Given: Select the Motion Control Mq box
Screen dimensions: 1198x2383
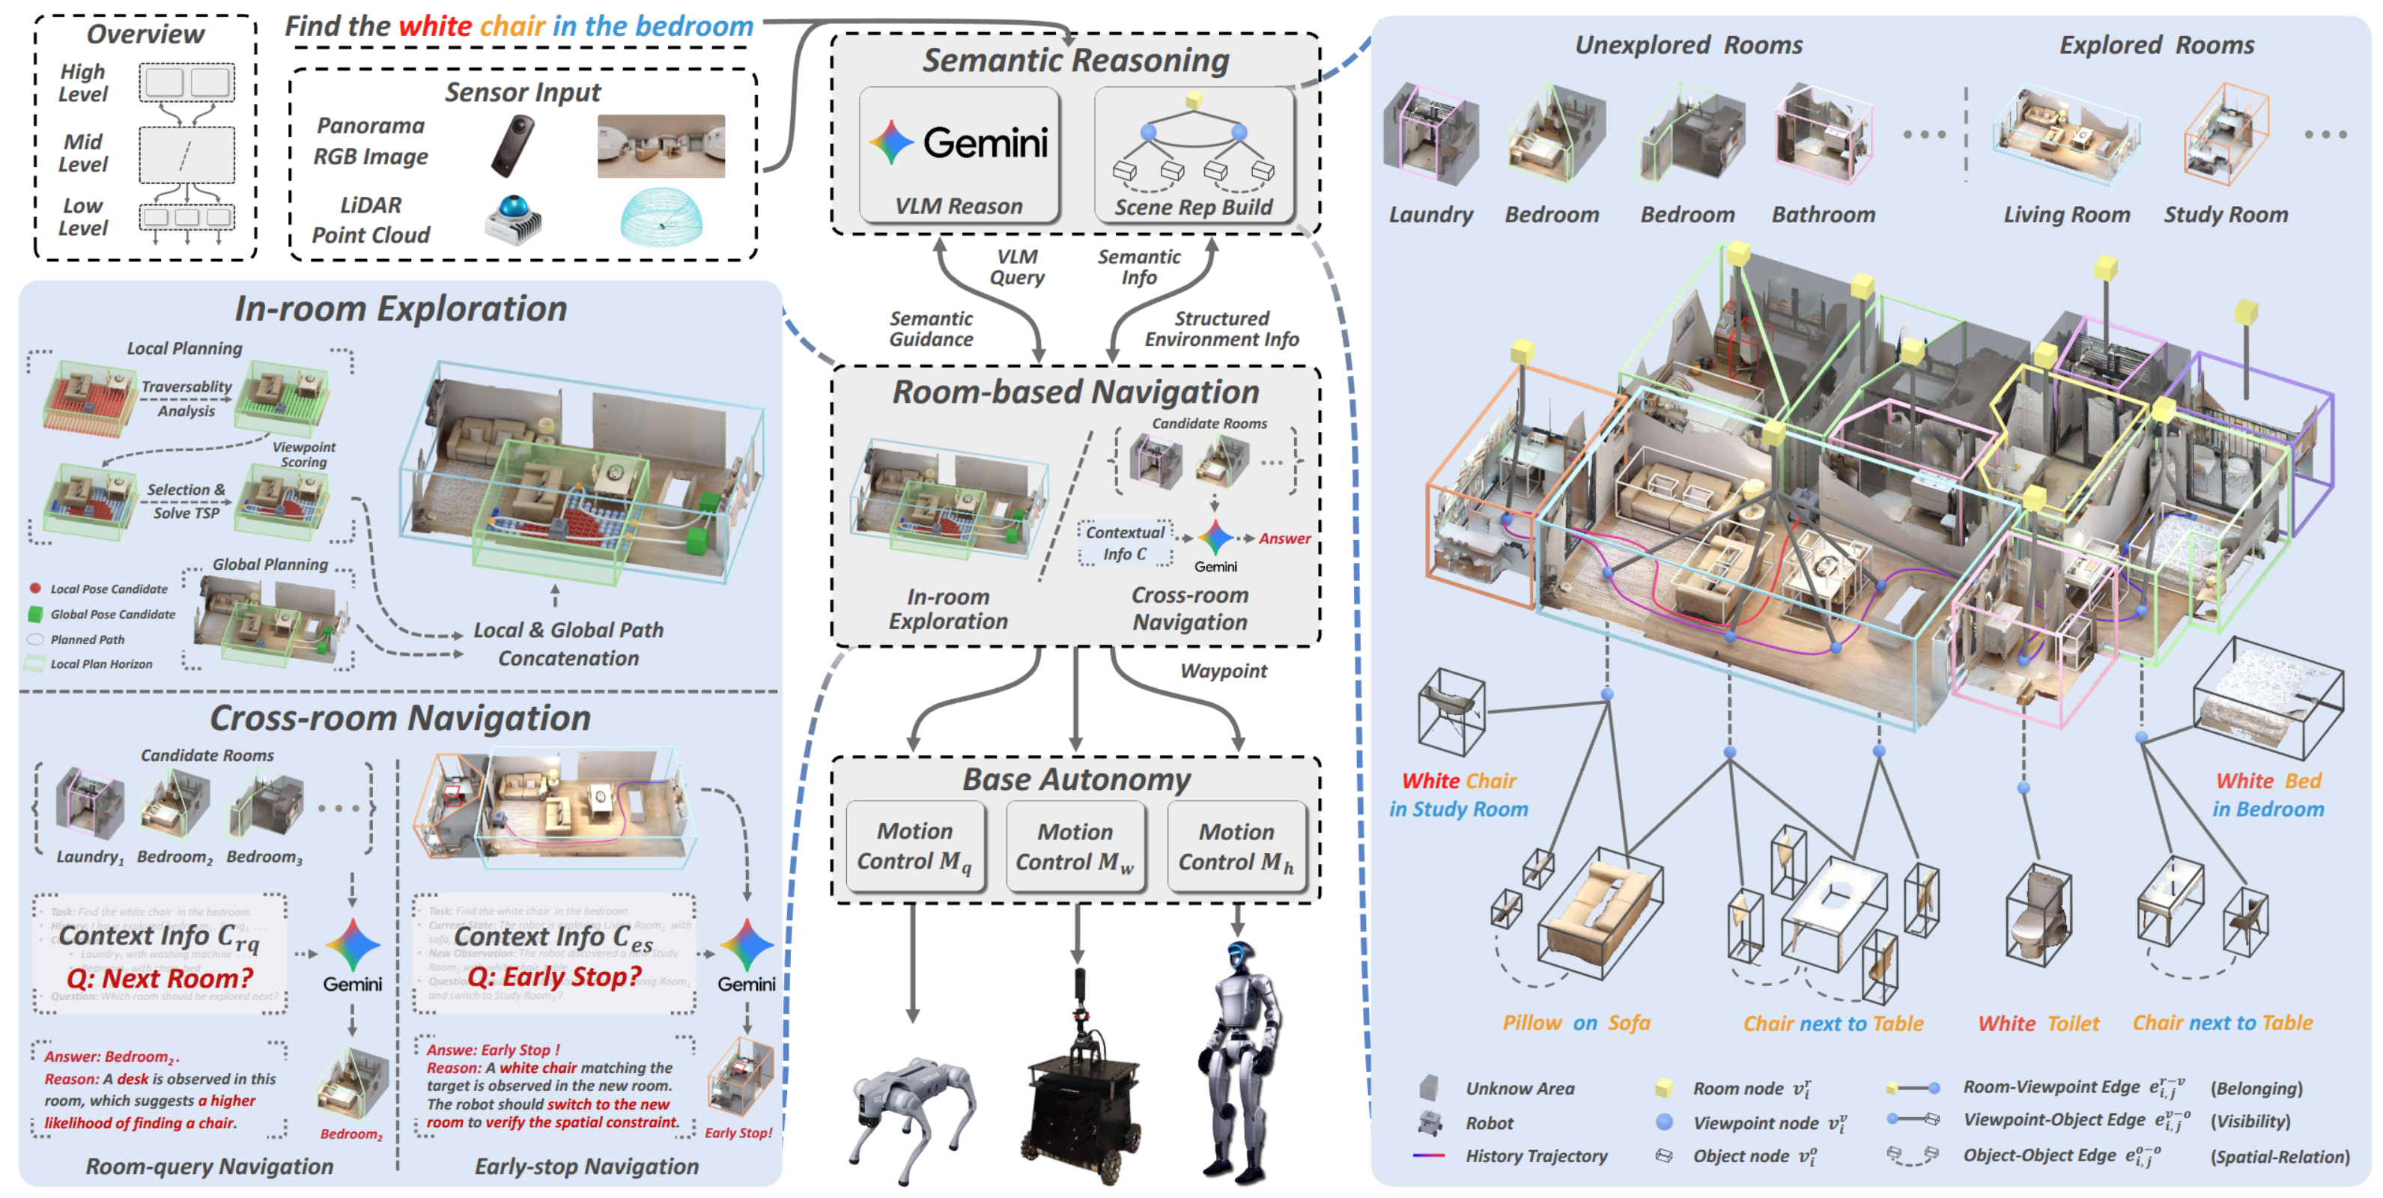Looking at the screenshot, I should [x=914, y=845].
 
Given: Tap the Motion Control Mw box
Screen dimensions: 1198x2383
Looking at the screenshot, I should [x=1075, y=845].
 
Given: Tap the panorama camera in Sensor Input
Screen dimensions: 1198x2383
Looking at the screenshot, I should [x=511, y=145].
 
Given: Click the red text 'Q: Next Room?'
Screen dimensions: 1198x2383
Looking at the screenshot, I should [x=159, y=978].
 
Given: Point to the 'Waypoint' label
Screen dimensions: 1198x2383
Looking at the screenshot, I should [x=1223, y=671].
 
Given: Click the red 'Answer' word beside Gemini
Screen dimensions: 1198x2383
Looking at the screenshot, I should [x=1284, y=538].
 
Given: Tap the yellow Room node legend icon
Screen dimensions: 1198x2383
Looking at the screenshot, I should [x=1663, y=1088].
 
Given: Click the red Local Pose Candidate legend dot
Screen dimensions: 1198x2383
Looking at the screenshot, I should [x=35, y=589].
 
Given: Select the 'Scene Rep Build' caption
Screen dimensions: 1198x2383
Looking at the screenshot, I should [x=1193, y=207].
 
